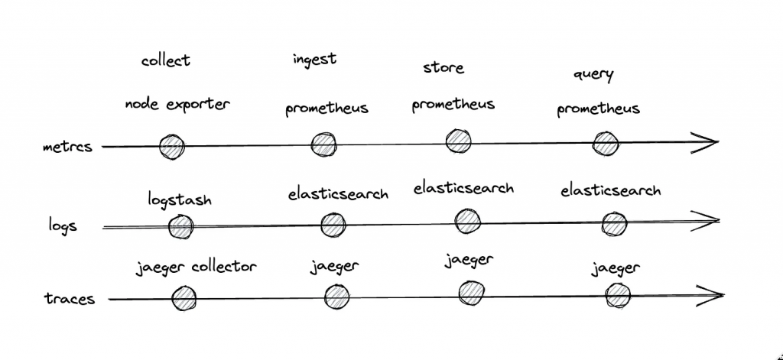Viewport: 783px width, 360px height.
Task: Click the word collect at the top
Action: (x=165, y=60)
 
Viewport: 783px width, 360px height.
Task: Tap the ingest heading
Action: (x=314, y=60)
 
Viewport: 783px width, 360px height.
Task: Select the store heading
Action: (x=443, y=67)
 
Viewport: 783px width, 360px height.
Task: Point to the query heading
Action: (x=593, y=76)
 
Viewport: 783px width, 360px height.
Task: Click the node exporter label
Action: (x=177, y=104)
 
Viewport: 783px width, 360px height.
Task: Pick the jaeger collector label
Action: (x=196, y=267)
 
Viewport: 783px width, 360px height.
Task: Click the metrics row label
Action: (x=67, y=147)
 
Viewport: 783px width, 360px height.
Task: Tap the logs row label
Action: (x=62, y=226)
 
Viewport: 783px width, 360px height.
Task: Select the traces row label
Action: (x=70, y=299)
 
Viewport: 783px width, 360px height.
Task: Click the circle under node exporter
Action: (x=171, y=147)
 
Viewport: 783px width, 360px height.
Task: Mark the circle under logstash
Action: (x=180, y=226)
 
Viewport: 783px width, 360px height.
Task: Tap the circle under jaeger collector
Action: (x=184, y=299)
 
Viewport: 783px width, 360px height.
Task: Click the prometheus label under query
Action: (x=598, y=109)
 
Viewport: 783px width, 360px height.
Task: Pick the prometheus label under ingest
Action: (x=327, y=109)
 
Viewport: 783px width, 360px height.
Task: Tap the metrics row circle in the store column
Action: (x=458, y=141)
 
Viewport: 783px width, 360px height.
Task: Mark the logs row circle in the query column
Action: (x=613, y=224)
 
